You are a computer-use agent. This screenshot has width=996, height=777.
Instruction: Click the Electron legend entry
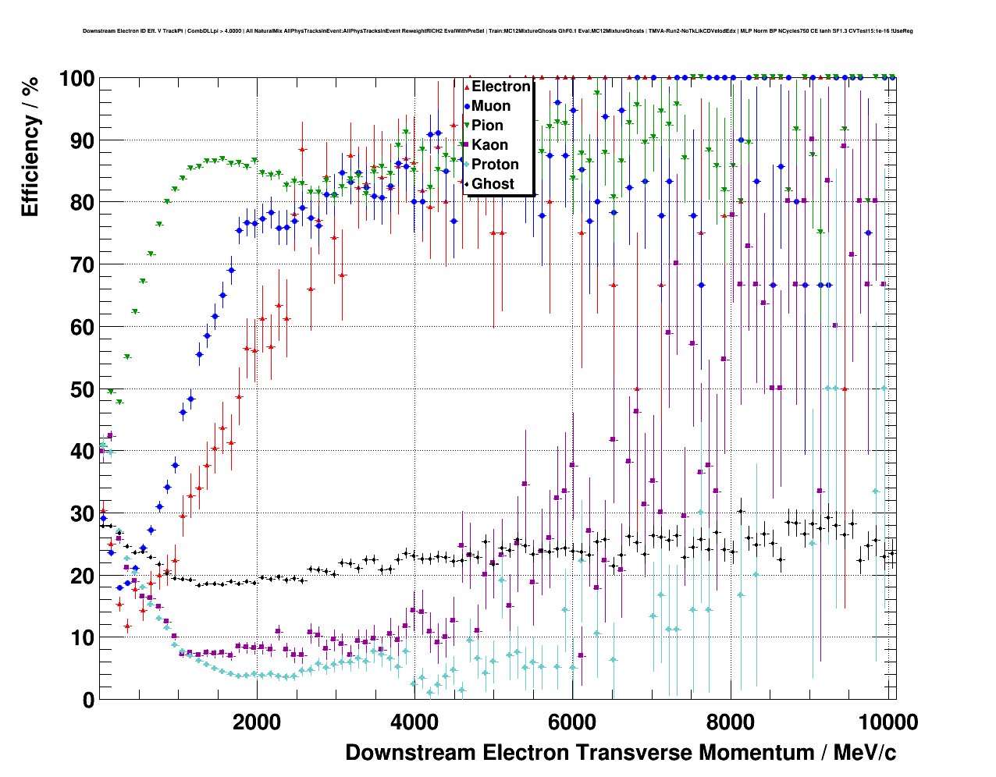click(500, 87)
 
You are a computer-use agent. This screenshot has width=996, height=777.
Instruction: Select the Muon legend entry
click(491, 106)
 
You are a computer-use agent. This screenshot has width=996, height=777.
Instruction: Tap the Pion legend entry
click(487, 126)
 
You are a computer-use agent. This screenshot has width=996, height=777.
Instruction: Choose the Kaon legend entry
click(489, 145)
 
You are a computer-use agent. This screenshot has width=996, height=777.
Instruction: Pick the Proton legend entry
click(495, 165)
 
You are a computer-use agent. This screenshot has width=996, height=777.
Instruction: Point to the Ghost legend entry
click(493, 184)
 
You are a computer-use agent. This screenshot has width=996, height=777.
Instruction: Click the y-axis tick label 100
click(76, 79)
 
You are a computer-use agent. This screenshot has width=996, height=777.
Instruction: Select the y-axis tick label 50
click(83, 389)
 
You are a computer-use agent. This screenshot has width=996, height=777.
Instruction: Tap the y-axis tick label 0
click(88, 700)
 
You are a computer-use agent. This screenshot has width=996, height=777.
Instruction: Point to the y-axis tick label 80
click(83, 203)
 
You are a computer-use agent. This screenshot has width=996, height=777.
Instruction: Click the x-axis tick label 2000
click(256, 722)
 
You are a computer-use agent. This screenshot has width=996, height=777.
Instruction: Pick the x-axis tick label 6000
click(572, 722)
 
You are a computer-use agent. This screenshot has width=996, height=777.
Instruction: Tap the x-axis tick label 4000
click(414, 722)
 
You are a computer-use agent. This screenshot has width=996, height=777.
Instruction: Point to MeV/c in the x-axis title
click(864, 753)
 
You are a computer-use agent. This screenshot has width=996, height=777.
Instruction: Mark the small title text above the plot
click(498, 31)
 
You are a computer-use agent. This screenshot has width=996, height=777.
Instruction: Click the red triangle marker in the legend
click(467, 87)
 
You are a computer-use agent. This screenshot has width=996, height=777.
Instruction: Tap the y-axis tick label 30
click(83, 513)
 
